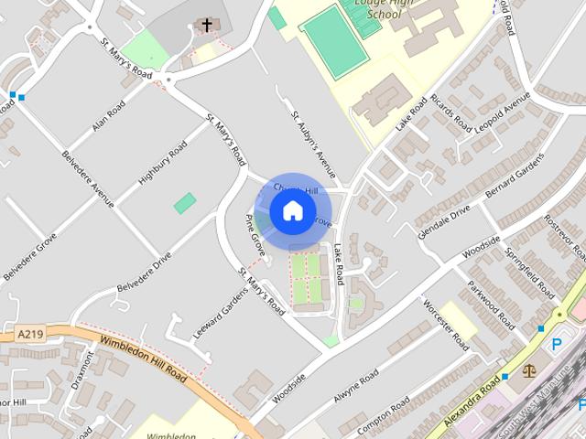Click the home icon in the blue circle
[292, 210]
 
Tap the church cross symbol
[207, 25]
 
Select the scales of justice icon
[528, 371]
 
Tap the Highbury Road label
[162, 166]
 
